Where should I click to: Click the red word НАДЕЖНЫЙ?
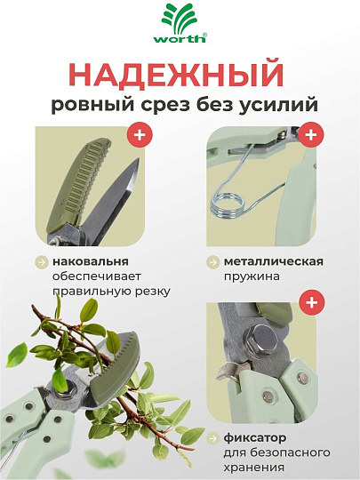pos(180,74)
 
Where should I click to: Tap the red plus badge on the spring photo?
pos(310,136)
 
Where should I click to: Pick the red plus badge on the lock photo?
pos(310,303)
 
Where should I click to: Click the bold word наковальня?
pos(91,261)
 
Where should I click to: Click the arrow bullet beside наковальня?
pos(42,262)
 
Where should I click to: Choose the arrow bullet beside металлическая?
pos(213,262)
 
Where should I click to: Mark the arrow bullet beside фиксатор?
pos(213,438)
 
